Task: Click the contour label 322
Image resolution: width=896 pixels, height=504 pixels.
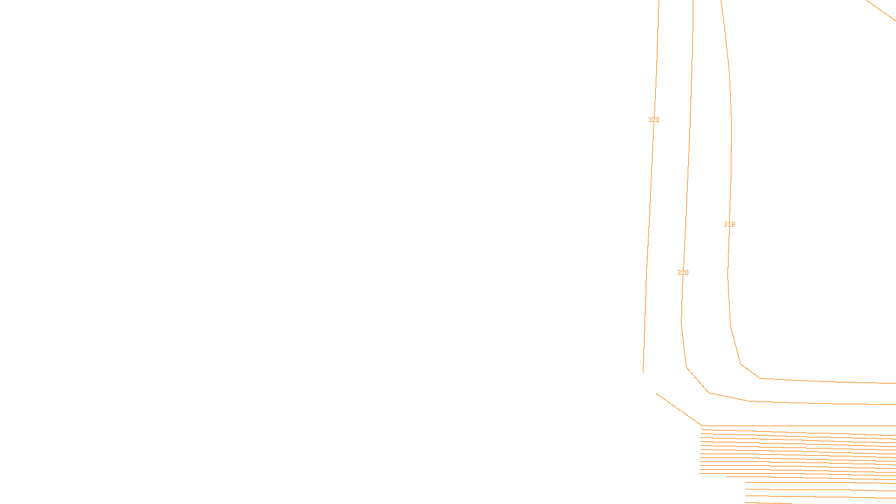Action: (x=654, y=120)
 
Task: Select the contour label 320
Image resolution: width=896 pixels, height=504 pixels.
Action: (x=683, y=273)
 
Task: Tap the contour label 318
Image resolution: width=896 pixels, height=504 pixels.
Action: (x=729, y=225)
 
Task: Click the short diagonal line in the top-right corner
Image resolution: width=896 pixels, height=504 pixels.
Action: (x=881, y=10)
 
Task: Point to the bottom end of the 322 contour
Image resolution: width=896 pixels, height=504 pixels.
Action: (x=643, y=372)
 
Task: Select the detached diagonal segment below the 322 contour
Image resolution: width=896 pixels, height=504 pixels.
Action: (x=678, y=409)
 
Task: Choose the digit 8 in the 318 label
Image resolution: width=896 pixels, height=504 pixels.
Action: (x=733, y=225)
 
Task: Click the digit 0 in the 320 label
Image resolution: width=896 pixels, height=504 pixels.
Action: (x=687, y=273)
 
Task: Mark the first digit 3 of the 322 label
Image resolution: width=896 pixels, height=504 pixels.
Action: (x=650, y=120)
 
